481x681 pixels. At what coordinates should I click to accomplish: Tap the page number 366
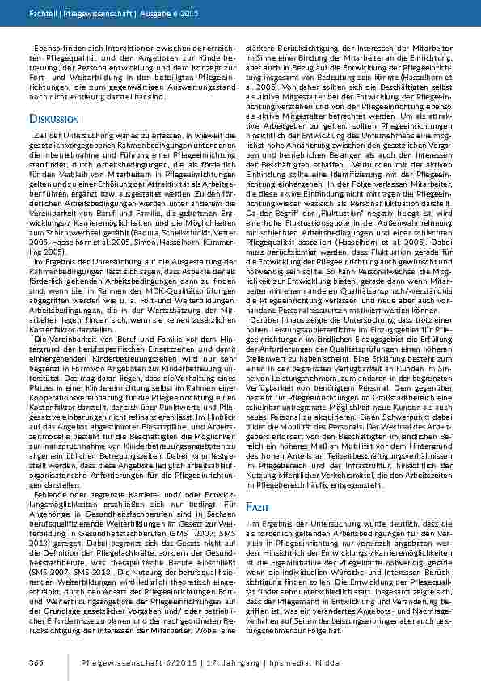pyautogui.click(x=37, y=663)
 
